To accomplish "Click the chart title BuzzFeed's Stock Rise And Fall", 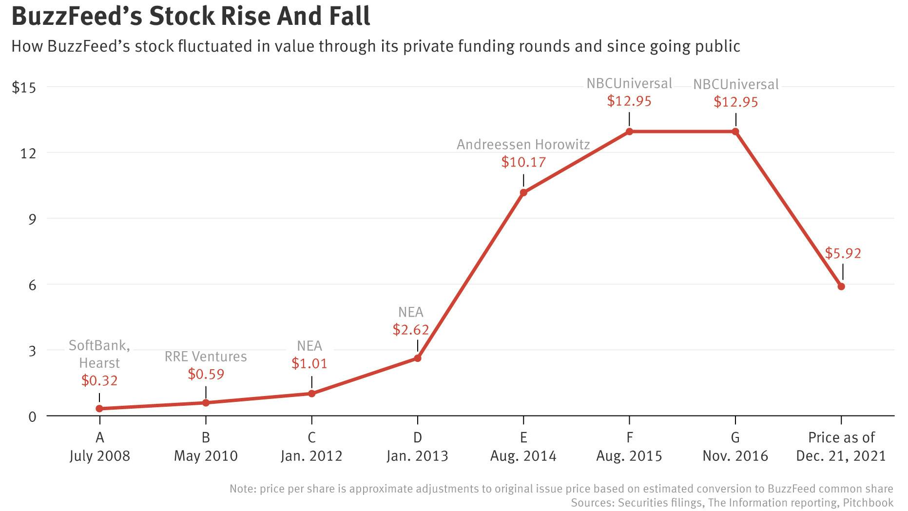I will point(191,16).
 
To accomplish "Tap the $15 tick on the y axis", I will point(24,87).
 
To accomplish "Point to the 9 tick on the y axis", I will point(32,219).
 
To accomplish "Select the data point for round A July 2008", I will point(99,409).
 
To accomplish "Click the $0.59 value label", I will point(206,374).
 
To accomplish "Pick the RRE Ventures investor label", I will point(206,357).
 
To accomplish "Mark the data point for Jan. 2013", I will point(418,358).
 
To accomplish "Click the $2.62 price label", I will point(411,330).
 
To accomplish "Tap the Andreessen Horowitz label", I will point(523,145).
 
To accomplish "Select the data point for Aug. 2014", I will point(523,192).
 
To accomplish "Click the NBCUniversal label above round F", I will point(629,83).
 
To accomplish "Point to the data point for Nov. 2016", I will point(735,132).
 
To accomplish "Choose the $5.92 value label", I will point(843,253).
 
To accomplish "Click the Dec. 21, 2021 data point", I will point(841,286).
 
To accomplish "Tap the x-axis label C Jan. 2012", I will point(311,447).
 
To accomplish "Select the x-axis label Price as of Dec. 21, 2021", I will point(841,447).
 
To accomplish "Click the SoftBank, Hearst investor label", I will point(99,354).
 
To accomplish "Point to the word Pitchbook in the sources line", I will point(868,503).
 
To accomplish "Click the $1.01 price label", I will point(309,363).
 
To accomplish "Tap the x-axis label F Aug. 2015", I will point(629,447).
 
